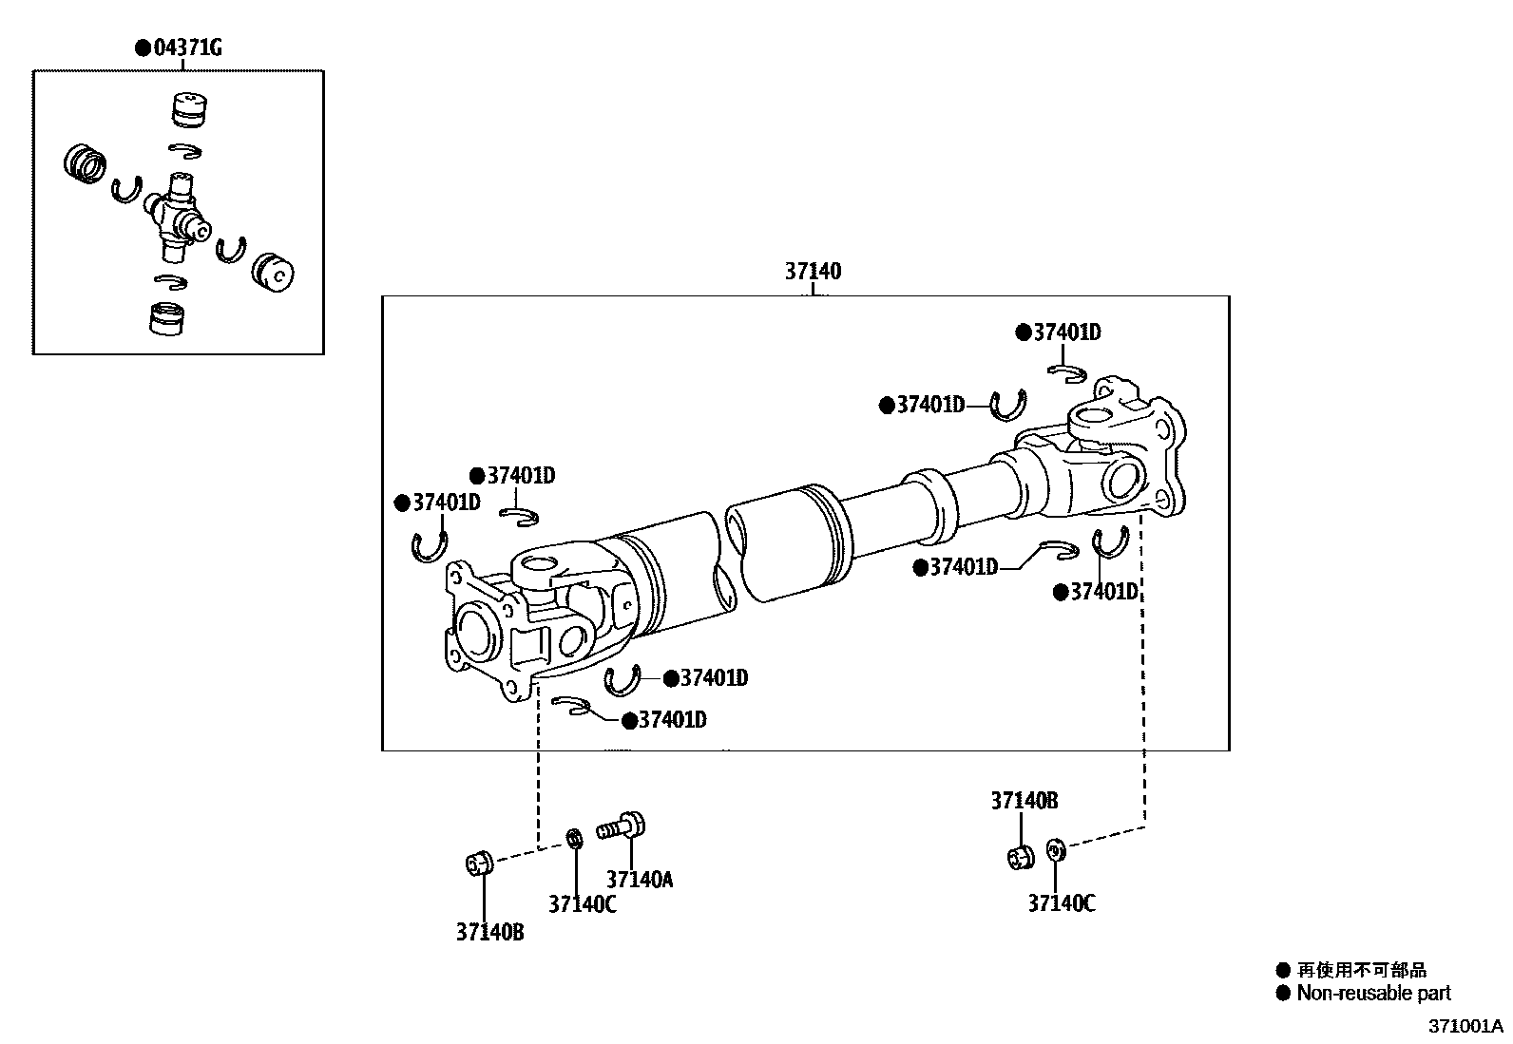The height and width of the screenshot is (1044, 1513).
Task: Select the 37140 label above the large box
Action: (813, 272)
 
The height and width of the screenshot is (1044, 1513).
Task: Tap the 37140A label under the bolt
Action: (639, 880)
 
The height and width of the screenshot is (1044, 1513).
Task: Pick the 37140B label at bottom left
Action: (489, 933)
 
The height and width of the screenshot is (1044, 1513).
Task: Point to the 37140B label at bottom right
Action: (1024, 801)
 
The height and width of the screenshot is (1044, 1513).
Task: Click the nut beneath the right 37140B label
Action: (1019, 856)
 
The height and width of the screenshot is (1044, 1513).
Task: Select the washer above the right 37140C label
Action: (1054, 849)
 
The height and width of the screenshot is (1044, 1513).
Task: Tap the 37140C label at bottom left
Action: (582, 904)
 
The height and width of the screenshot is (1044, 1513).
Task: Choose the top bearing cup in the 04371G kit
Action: (190, 109)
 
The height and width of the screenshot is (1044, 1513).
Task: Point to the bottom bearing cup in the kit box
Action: (170, 317)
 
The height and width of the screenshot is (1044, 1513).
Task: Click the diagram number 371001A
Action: (1465, 1026)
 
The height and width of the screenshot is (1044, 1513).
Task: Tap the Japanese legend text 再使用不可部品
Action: (1362, 971)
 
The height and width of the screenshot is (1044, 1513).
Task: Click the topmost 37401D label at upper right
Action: (1066, 332)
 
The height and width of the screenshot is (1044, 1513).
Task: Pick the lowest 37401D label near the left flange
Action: (671, 720)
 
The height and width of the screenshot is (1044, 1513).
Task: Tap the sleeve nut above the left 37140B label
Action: (478, 863)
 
